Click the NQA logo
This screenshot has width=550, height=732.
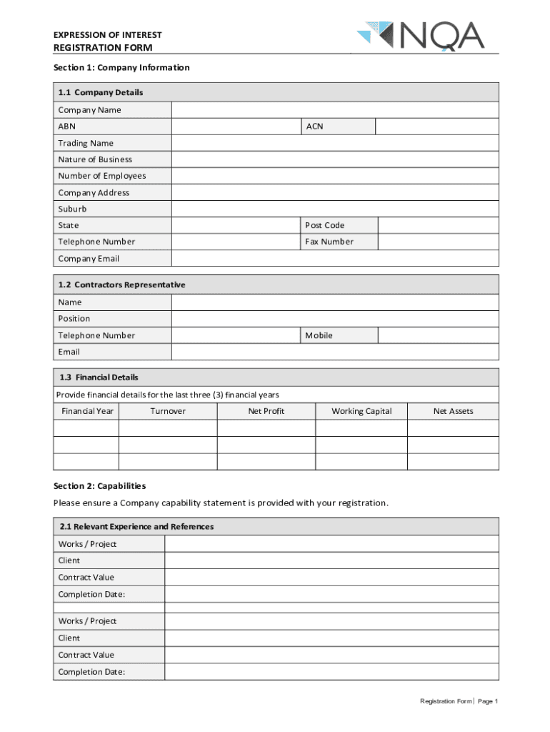pyautogui.click(x=421, y=36)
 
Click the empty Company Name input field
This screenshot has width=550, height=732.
pyautogui.click(x=334, y=110)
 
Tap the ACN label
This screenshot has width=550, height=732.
pyautogui.click(x=314, y=127)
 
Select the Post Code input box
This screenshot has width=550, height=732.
pyautogui.click(x=438, y=225)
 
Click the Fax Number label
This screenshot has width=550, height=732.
pyautogui.click(x=329, y=242)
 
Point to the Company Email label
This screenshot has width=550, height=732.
pyautogui.click(x=89, y=259)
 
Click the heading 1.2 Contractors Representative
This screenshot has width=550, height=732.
pyautogui.click(x=121, y=285)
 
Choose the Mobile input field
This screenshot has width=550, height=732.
pyautogui.click(x=438, y=335)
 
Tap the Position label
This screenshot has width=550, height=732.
pyautogui.click(x=74, y=319)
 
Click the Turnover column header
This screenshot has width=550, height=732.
pyautogui.click(x=168, y=411)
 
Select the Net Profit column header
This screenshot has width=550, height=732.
pyautogui.click(x=266, y=411)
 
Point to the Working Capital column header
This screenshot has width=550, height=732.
pyautogui.click(x=361, y=411)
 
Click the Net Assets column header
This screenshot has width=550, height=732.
pyautogui.click(x=453, y=411)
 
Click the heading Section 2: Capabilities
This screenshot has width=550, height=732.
pyautogui.click(x=99, y=486)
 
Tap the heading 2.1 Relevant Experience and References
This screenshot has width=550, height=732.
pyautogui.click(x=136, y=527)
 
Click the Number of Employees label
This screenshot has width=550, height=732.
pyautogui.click(x=101, y=176)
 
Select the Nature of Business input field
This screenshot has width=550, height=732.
pyautogui.click(x=334, y=159)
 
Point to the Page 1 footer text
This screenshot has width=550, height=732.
pyautogui.click(x=487, y=701)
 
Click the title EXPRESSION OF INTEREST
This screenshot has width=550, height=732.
pyautogui.click(x=107, y=35)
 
